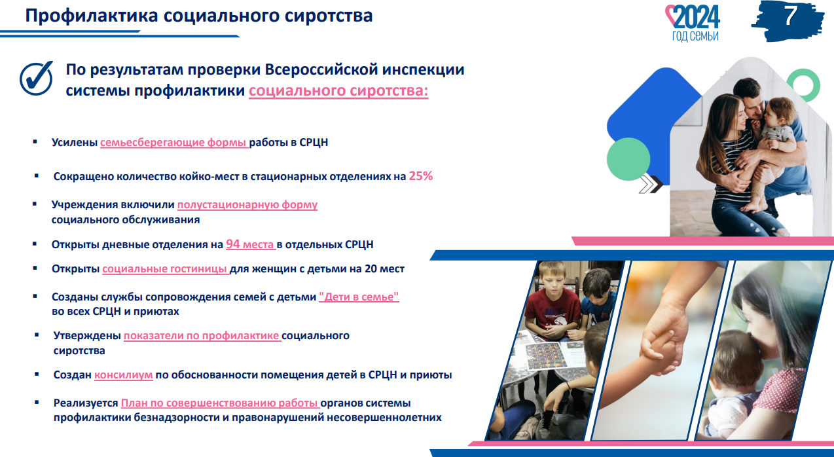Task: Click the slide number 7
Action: (790, 16)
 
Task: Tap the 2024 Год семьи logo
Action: (693, 23)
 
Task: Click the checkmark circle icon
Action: (37, 78)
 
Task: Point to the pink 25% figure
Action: (421, 176)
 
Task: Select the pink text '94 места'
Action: (250, 244)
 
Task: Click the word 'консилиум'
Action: (123, 375)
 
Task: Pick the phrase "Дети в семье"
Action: (359, 297)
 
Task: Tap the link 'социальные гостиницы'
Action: (165, 269)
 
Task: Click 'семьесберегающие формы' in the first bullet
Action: (173, 143)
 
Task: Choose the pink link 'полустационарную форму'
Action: (247, 205)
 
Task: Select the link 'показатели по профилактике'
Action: (202, 336)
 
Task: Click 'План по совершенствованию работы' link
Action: (220, 403)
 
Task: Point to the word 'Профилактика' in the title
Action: (92, 16)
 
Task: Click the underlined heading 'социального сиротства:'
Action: (338, 91)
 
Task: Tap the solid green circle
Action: (628, 159)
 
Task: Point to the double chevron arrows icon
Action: (651, 185)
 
